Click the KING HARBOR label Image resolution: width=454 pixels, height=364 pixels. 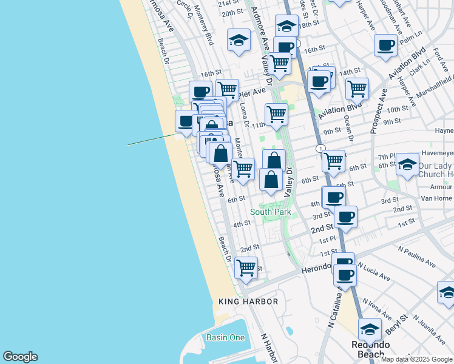[248, 302]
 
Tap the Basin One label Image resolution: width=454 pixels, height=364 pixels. [226, 337]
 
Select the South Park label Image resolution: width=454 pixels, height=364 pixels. [271, 212]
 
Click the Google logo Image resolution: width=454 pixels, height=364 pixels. [19, 357]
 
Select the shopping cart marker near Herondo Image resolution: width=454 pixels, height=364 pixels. [246, 267]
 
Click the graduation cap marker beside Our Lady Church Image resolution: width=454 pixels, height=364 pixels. [407, 164]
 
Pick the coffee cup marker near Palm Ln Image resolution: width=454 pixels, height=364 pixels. [386, 45]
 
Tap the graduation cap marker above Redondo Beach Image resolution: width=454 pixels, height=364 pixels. [369, 329]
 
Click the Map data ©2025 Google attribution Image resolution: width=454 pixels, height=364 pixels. [416, 359]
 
